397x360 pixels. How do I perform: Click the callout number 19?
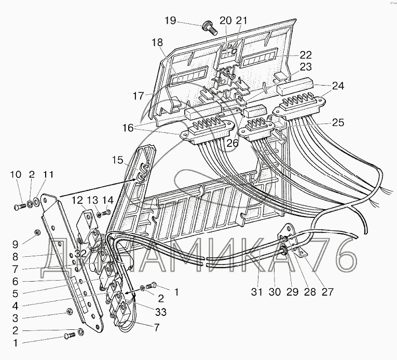[x=170, y=21]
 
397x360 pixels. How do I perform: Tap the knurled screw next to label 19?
[x=209, y=29]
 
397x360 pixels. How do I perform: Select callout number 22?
[x=305, y=55]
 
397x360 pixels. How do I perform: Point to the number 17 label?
[x=138, y=96]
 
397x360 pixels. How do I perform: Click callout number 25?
[x=338, y=122]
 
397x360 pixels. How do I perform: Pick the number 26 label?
[x=232, y=143]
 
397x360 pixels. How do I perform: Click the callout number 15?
[x=118, y=160]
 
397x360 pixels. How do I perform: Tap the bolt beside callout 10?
[x=20, y=207]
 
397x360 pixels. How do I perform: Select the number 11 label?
[x=48, y=175]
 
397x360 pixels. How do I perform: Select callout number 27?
[x=327, y=292]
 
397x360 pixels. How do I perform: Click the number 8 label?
[x=15, y=257]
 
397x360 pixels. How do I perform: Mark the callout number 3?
[x=15, y=318]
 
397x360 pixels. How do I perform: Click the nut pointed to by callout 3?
[x=69, y=311]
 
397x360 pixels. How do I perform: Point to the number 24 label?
[x=338, y=86]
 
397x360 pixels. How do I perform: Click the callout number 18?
[x=157, y=43]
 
